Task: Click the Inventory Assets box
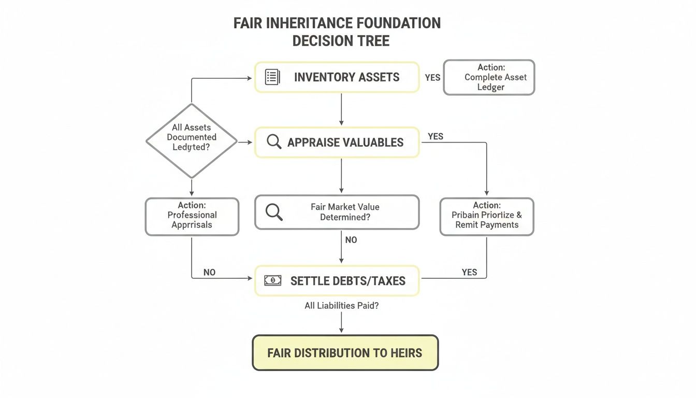point(337,78)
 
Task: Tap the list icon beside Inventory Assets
point(272,77)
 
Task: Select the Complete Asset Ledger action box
point(489,77)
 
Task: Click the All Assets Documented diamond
point(192,140)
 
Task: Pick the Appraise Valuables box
point(337,143)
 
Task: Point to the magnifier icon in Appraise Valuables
point(273,142)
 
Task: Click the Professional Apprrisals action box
point(192,216)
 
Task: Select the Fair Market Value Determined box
point(337,212)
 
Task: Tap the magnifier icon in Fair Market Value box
point(273,211)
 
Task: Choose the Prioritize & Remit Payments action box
point(487,216)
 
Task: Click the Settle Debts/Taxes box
point(337,281)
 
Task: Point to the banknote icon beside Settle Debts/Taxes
point(272,280)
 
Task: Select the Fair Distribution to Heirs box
point(345,353)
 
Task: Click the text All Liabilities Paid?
point(341,306)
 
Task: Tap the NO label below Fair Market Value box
point(351,240)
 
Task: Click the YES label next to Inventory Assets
point(432,78)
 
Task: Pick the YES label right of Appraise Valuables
point(436,136)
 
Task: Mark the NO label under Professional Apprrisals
point(209,272)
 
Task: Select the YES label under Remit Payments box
point(469,272)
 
